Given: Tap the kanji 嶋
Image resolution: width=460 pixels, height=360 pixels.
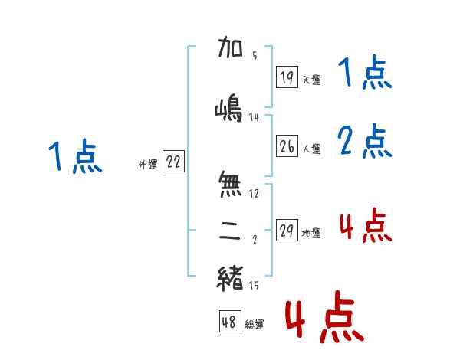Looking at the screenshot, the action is coord(230,110).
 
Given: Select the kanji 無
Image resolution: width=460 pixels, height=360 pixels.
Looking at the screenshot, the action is coord(230,185).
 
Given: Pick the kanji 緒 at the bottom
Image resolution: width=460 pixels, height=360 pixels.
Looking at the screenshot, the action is coord(230,277).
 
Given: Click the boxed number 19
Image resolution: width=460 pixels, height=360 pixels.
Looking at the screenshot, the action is coord(287,77).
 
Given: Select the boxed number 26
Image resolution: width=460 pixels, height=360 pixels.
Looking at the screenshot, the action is coord(287,146).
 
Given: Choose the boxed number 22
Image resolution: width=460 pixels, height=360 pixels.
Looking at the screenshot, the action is coord(173,162).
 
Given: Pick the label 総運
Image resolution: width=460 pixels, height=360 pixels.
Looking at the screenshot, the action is coord(254,325).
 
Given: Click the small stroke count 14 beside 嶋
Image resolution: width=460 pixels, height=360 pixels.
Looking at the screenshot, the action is coord(255,117).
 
